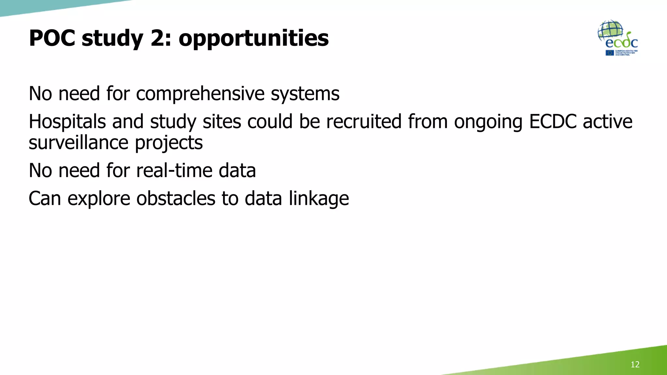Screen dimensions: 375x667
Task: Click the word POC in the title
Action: point(52,38)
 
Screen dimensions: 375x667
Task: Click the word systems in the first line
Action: point(305,94)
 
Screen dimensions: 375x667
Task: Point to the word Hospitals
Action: point(67,122)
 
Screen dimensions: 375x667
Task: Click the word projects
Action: point(169,144)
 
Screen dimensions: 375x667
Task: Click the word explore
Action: point(99,199)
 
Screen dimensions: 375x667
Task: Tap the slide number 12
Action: point(635,364)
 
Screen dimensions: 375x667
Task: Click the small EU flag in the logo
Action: point(610,53)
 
